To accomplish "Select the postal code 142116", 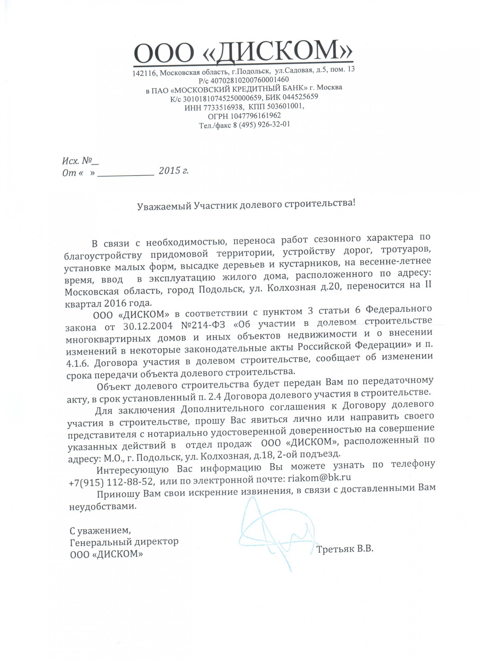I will (144, 73).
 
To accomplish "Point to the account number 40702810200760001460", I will (249, 79).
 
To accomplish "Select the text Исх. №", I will (77, 161).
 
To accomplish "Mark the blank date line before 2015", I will (126, 174).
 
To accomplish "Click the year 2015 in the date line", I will (170, 170).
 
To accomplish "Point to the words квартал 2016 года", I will (108, 302).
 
